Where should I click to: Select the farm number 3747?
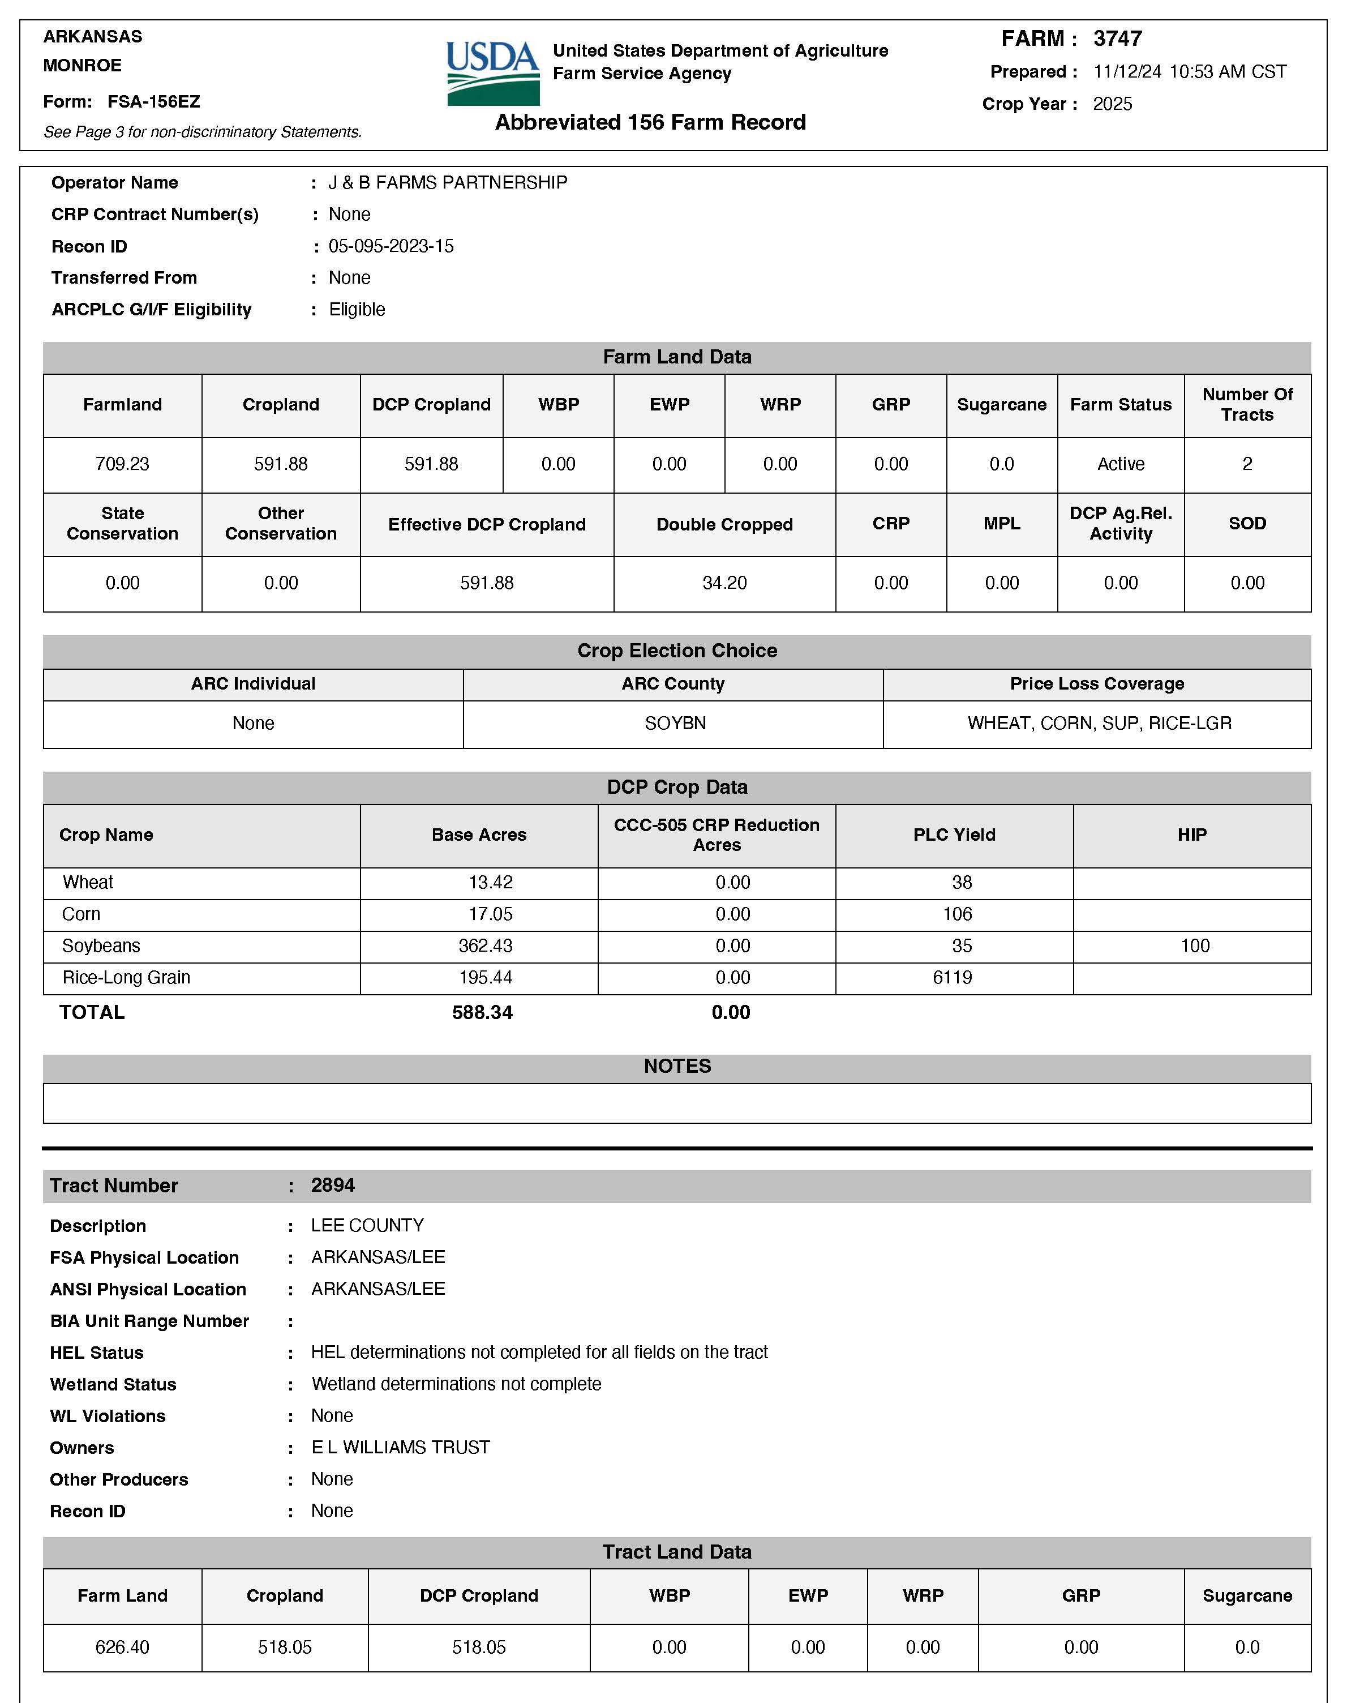coord(1118,38)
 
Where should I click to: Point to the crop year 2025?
coord(1112,104)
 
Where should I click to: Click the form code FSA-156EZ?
coord(154,102)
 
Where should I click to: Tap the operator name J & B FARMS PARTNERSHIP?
coord(447,183)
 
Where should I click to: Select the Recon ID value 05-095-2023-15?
coord(391,246)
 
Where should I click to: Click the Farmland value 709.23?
coord(122,464)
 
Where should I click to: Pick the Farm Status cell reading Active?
coord(1121,464)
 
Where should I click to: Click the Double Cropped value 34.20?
coord(724,583)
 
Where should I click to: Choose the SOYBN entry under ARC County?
coord(675,724)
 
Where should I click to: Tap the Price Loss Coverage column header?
coord(1096,684)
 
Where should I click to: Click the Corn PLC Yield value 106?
coord(958,914)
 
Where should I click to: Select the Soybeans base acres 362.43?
coord(485,945)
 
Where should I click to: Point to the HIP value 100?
coord(1195,945)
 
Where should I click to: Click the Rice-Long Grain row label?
coord(126,977)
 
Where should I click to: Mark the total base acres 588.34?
coord(482,1013)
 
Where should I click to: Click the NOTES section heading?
coord(677,1067)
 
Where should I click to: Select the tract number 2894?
coord(333,1186)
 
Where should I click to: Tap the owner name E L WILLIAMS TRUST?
coord(401,1448)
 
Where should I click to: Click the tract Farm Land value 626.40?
coord(122,1647)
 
